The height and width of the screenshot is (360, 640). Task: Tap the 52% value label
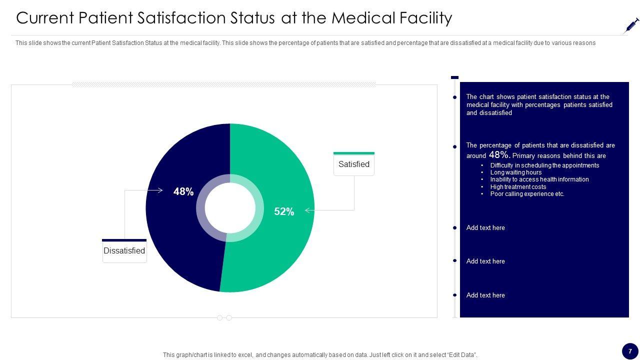284,211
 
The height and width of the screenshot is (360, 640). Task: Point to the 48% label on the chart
183,191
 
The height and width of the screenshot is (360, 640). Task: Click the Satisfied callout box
354,164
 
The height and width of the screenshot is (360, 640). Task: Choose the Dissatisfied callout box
124,251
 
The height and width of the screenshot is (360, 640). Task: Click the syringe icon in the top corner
632,25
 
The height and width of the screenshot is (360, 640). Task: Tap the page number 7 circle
630,351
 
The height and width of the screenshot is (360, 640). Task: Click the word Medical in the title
363,18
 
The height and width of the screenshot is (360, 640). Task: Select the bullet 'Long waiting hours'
516,172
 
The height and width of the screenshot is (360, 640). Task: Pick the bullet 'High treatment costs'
518,187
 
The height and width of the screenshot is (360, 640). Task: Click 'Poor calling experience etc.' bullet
527,194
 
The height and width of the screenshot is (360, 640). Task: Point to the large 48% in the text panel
499,155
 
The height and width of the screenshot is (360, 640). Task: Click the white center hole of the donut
230,208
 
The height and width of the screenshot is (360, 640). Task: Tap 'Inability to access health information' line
539,179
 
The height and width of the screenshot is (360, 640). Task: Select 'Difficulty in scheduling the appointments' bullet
544,165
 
